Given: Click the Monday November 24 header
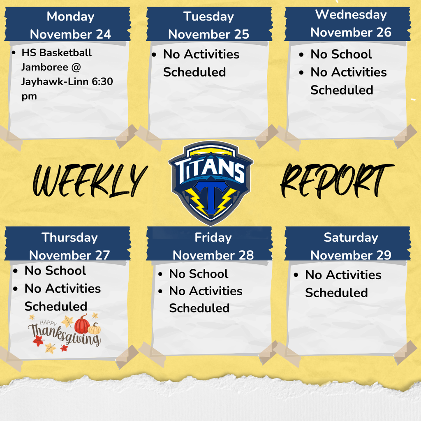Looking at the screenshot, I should (x=70, y=25).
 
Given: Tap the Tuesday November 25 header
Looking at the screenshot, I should (x=208, y=25).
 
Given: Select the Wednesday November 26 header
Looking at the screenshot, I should (x=351, y=23).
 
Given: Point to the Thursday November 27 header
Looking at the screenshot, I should (x=69, y=245).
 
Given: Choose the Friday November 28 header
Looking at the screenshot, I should (x=213, y=246).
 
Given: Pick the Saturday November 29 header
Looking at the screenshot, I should (x=351, y=246).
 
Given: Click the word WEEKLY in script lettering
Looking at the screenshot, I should (x=88, y=180).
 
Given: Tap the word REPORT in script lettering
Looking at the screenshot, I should (x=336, y=180).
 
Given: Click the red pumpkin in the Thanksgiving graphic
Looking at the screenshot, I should (x=82, y=324).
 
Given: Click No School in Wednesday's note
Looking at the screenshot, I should (x=341, y=54).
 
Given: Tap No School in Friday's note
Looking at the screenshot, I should (x=199, y=274).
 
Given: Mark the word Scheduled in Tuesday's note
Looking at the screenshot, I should (x=194, y=72).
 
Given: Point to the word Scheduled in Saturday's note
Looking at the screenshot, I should (x=336, y=293).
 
